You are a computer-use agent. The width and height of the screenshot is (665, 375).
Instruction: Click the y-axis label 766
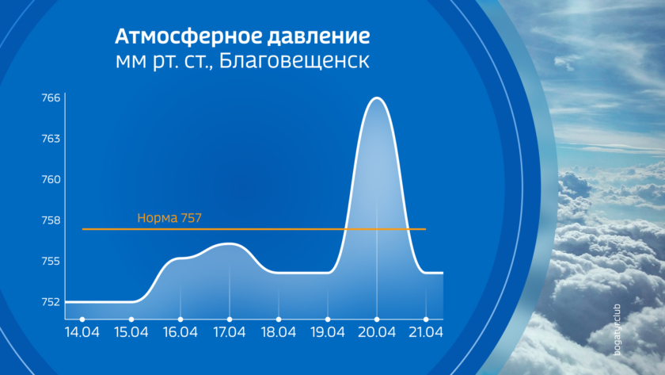pyautogui.click(x=51, y=98)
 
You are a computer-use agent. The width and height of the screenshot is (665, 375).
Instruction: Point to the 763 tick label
pyautogui.click(x=51, y=139)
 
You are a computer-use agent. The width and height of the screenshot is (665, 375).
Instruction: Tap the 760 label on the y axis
pyautogui.click(x=51, y=180)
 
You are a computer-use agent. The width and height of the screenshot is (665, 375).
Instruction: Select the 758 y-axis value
pyautogui.click(x=51, y=220)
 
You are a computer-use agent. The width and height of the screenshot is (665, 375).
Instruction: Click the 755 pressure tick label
pyautogui.click(x=51, y=261)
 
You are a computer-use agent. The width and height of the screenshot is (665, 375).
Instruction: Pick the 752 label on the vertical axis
pyautogui.click(x=51, y=302)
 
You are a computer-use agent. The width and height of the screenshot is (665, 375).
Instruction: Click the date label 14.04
pyautogui.click(x=82, y=332)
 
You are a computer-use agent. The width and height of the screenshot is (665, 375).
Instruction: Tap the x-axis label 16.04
pyautogui.click(x=180, y=332)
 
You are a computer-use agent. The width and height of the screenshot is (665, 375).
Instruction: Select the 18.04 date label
pyautogui.click(x=278, y=332)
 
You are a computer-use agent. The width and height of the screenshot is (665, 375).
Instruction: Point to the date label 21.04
pyautogui.click(x=426, y=332)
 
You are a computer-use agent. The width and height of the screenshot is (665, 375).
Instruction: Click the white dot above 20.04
pyautogui.click(x=377, y=320)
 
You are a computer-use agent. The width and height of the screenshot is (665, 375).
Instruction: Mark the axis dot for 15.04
pyautogui.click(x=131, y=320)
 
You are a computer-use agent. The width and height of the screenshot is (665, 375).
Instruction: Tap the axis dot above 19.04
pyautogui.click(x=328, y=320)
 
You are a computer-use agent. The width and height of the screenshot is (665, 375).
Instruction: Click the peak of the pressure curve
pyautogui.click(x=377, y=98)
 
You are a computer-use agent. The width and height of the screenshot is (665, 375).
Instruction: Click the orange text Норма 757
pyautogui.click(x=169, y=218)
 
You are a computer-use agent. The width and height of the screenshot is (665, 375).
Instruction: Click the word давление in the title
pyautogui.click(x=318, y=36)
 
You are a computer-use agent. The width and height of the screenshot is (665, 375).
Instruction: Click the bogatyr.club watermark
pyautogui.click(x=617, y=330)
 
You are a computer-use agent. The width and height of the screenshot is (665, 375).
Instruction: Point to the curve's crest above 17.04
pyautogui.click(x=230, y=243)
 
